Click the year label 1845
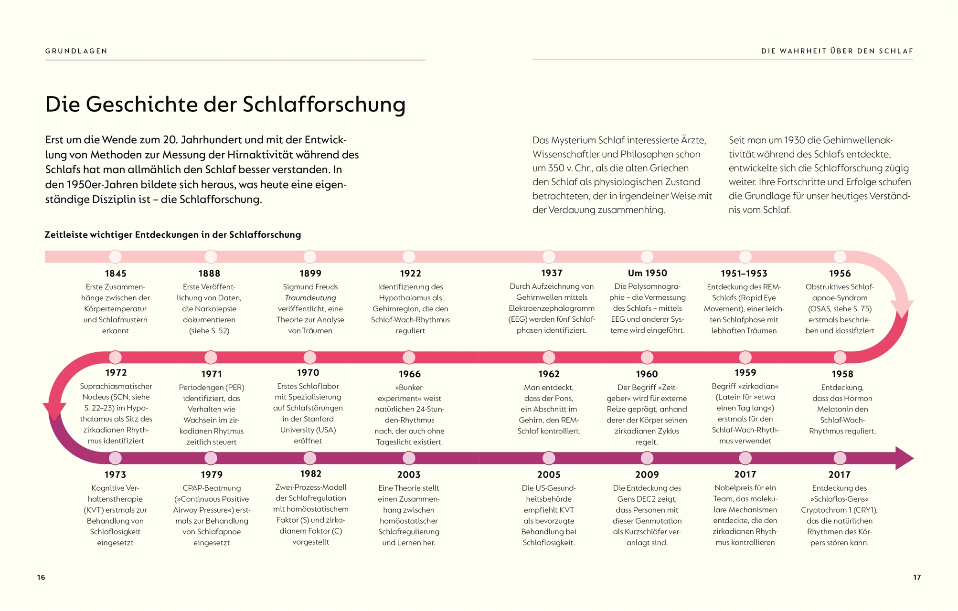(x=116, y=274)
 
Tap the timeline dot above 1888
(x=211, y=257)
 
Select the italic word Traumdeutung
(x=310, y=298)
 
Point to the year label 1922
(x=410, y=274)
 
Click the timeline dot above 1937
(x=549, y=257)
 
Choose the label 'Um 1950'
(x=647, y=273)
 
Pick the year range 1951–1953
(x=744, y=274)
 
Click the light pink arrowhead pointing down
(x=902, y=308)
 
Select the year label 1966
(x=409, y=374)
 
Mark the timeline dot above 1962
(x=549, y=357)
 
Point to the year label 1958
(x=842, y=374)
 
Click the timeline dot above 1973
(x=115, y=458)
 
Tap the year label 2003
(x=409, y=474)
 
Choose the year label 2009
(x=647, y=474)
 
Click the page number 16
(x=41, y=577)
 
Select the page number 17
(x=916, y=577)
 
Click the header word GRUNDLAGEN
(x=76, y=51)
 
